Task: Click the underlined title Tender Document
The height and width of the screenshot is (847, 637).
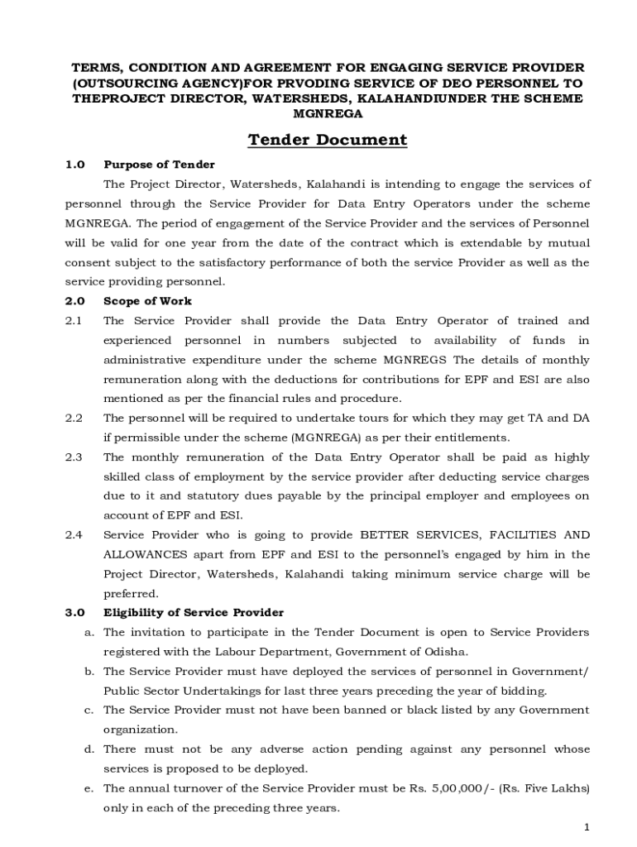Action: pyautogui.click(x=328, y=140)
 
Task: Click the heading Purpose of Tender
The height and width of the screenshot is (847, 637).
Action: pyautogui.click(x=159, y=165)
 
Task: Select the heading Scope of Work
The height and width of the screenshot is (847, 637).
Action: pyautogui.click(x=147, y=301)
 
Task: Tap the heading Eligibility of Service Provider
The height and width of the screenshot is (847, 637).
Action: pyautogui.click(x=193, y=613)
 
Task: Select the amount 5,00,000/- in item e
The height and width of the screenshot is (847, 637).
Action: pyautogui.click(x=461, y=788)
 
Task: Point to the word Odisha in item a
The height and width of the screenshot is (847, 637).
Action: pyautogui.click(x=448, y=652)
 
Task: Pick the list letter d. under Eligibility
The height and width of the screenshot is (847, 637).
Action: pyautogui.click(x=88, y=749)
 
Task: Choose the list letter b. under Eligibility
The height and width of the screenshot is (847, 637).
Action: pyautogui.click(x=88, y=672)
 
